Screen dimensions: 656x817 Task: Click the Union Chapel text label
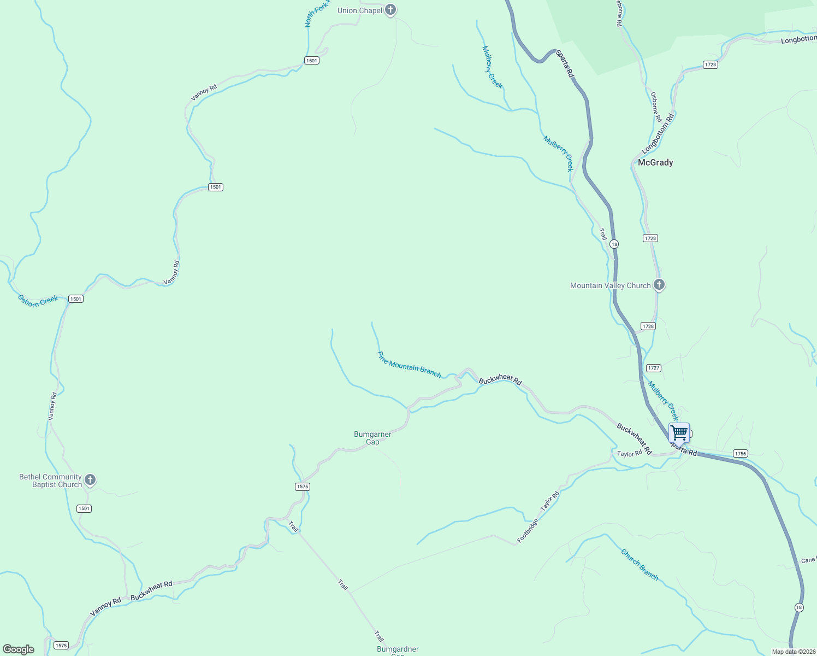pos(359,10)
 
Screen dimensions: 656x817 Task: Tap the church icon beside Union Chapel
pos(390,9)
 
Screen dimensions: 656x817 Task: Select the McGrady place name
pos(655,162)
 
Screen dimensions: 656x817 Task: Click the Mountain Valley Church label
pos(610,285)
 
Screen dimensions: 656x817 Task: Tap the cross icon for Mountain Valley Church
pos(659,284)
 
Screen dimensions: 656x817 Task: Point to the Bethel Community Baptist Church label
pos(50,481)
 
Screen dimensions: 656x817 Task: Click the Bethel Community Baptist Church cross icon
pos(90,479)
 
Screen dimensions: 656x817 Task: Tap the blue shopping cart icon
pos(679,432)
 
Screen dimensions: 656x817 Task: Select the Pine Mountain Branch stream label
pos(409,365)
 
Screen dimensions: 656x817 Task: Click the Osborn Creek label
pos(38,301)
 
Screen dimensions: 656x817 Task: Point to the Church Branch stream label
pos(640,565)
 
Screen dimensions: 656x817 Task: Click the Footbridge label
pos(528,530)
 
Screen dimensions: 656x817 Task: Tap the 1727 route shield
pos(653,368)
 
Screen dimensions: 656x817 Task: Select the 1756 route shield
pos(740,453)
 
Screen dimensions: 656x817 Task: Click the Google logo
pos(18,649)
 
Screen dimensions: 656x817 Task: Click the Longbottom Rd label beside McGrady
pos(658,133)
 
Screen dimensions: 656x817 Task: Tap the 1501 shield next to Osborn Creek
pos(75,298)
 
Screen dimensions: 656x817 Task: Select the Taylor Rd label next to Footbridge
pos(550,501)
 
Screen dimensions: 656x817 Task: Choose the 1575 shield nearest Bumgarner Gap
pos(302,487)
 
